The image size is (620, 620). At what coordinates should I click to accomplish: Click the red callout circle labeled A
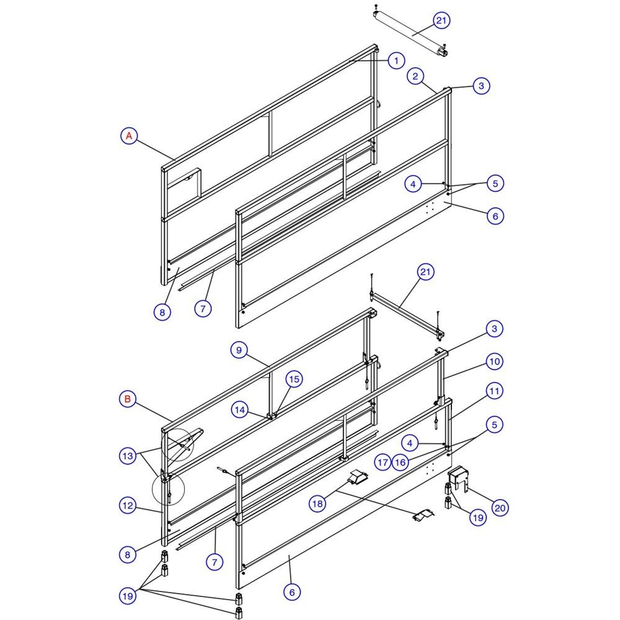129,136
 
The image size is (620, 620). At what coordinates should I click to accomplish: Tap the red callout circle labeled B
127,399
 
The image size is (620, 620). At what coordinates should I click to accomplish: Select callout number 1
396,61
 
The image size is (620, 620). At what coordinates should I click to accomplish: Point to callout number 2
415,76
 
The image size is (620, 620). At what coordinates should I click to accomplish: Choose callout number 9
239,350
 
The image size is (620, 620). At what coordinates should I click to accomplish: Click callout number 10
494,361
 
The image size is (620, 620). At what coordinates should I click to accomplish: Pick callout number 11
494,391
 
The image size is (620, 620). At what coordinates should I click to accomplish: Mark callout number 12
128,505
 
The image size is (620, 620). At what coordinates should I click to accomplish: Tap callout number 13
128,456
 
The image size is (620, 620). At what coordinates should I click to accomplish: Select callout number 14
239,410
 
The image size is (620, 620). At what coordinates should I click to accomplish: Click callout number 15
294,379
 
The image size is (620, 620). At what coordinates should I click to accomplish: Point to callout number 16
400,463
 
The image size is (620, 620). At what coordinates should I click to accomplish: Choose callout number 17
383,463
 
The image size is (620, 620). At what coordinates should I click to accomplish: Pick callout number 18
317,503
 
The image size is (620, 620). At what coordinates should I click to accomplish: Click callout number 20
500,508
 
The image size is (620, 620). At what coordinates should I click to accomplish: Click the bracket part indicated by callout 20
458,479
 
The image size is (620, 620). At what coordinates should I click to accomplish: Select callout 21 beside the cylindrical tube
441,20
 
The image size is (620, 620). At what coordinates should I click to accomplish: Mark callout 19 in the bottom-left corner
128,596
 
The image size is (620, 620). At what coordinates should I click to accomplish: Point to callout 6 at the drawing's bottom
292,592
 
